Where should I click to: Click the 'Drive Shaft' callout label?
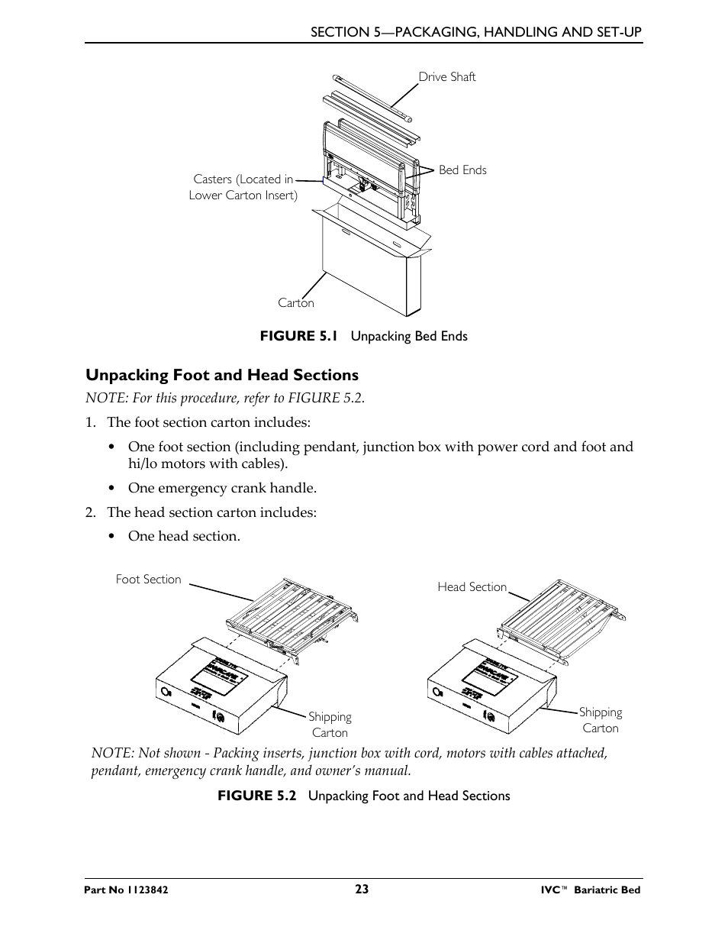pos(446,76)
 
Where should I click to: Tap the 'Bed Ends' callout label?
pos(462,170)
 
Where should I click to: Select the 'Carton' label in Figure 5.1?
pos(295,302)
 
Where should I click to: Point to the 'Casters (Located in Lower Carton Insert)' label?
pos(243,187)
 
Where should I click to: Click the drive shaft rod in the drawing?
pos(373,98)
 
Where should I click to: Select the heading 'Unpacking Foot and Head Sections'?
pos(221,375)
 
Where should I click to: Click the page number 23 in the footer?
pos(362,889)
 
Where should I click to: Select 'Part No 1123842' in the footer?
pos(127,890)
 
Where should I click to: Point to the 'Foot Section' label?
pos(148,579)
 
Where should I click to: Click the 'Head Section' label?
pos(472,586)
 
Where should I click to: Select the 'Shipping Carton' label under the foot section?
pos(330,725)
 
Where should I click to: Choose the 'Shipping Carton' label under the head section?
pos(601,720)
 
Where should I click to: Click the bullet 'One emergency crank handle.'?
pos(221,488)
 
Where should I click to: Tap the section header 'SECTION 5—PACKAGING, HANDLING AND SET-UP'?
pos(475,31)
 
